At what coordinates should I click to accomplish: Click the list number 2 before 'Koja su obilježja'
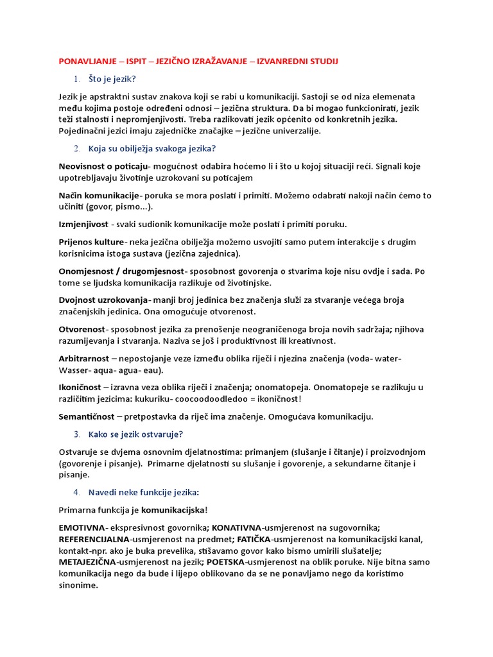pos(77,149)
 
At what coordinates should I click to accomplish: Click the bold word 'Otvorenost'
pos(82,329)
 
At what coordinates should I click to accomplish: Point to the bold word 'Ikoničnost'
pos(80,387)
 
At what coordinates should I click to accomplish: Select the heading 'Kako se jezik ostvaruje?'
pos(135,434)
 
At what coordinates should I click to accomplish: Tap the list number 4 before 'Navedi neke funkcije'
pos(77,492)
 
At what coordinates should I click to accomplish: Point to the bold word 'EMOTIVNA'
pos(81,527)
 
